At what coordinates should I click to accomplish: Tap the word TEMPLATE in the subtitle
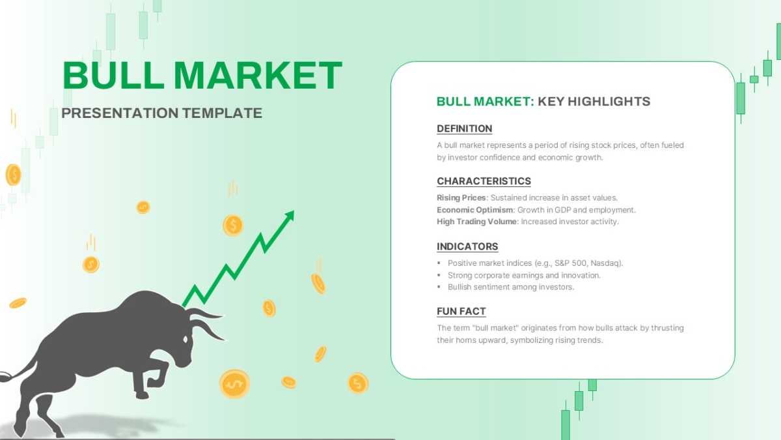click(222, 113)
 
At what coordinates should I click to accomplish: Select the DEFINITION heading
click(465, 128)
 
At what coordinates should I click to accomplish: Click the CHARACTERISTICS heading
click(484, 181)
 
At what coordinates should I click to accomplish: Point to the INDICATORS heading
click(467, 246)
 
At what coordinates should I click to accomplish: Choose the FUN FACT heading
click(461, 311)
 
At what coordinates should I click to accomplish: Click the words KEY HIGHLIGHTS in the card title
click(594, 101)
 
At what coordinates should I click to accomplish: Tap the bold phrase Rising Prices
click(461, 198)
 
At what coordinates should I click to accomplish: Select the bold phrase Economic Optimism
click(475, 210)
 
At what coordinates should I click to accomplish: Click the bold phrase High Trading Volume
click(476, 222)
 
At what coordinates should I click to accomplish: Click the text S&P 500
click(571, 263)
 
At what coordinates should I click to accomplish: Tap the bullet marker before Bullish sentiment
click(439, 287)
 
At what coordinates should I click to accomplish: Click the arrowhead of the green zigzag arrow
click(290, 216)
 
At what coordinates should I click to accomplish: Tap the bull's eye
click(185, 339)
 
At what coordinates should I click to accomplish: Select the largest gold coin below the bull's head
click(235, 384)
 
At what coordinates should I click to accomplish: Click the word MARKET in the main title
click(258, 76)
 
